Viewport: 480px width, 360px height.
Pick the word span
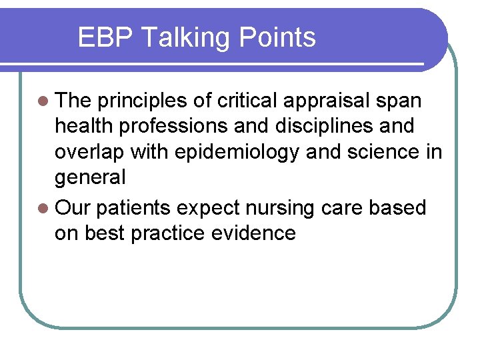click(399, 101)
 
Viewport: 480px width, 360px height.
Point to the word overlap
click(91, 152)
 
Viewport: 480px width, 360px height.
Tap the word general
click(90, 177)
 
